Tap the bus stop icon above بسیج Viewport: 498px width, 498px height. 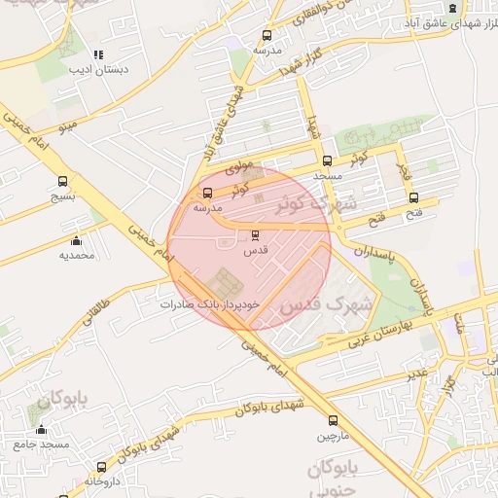[63, 181]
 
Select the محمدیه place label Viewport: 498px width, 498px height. [77, 255]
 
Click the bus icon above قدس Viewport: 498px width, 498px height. [256, 235]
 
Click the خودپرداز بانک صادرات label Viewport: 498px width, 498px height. [211, 304]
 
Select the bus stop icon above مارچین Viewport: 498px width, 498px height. [334, 421]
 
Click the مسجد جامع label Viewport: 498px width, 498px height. [42, 445]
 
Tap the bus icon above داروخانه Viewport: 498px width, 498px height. [102, 467]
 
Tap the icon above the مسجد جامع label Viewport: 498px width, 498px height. [41, 430]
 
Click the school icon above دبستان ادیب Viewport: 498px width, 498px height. [97, 55]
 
